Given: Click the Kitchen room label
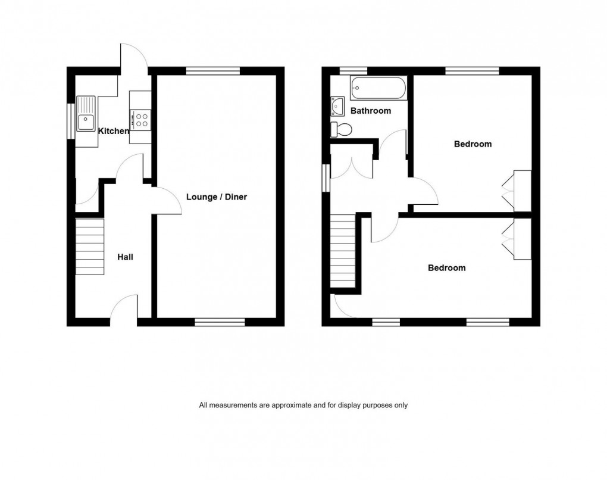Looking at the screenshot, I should [x=113, y=131].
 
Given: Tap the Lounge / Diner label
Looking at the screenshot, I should [x=217, y=197].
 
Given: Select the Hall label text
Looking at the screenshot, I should [x=125, y=257].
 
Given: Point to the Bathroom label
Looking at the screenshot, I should [x=371, y=111].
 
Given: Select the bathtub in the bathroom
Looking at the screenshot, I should [x=378, y=89].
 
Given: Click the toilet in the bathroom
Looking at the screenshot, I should [x=342, y=128].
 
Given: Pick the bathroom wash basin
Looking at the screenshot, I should [x=338, y=107].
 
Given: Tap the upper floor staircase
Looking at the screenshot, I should [x=343, y=250].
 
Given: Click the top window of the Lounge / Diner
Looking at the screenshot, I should [x=212, y=71].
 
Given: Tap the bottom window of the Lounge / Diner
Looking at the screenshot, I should [x=220, y=322].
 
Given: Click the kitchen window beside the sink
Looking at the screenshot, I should [x=71, y=121].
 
